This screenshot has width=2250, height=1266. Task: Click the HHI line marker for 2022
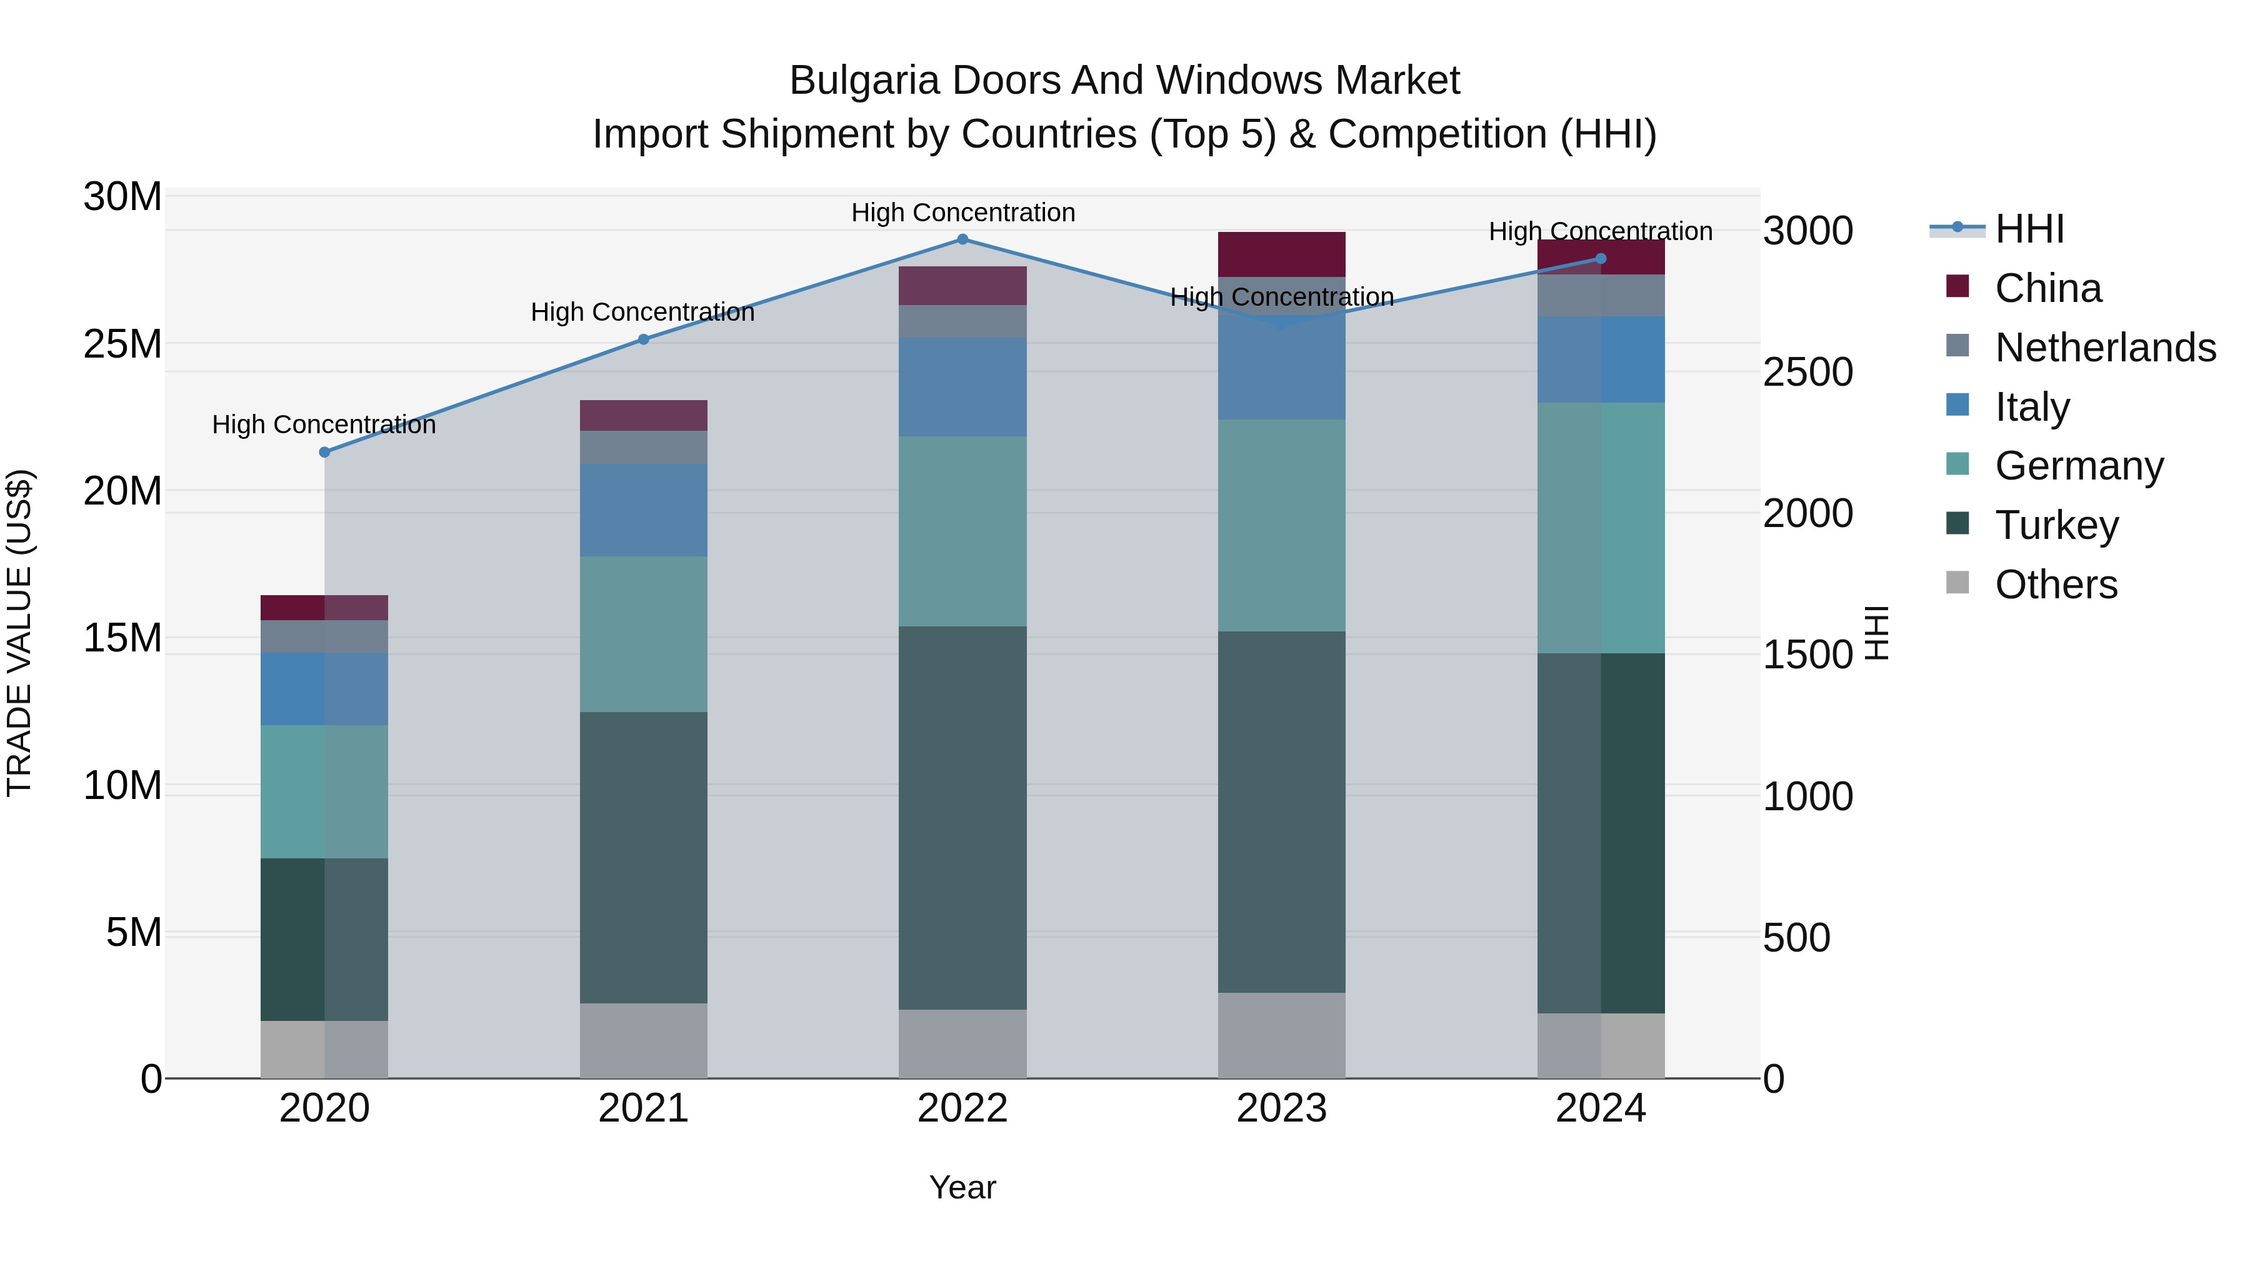pos(962,239)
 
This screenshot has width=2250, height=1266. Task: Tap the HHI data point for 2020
pos(324,453)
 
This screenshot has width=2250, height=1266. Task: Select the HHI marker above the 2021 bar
pos(644,340)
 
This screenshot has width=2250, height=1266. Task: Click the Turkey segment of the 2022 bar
pos(962,818)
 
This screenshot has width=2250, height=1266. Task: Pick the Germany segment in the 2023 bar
pos(1281,525)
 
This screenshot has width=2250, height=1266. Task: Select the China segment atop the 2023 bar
pos(1281,254)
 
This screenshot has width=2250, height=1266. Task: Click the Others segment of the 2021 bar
pos(644,1040)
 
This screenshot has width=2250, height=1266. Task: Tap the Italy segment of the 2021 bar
pos(644,510)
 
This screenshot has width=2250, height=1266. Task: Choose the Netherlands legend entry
pos(2105,348)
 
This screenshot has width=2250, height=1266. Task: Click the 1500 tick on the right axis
pos(1807,655)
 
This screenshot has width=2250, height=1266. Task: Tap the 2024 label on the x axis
pos(1600,1108)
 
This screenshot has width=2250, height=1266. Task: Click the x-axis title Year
pos(962,1187)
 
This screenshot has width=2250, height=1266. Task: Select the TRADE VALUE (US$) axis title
pos(19,633)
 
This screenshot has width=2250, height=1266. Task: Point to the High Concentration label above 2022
pos(962,213)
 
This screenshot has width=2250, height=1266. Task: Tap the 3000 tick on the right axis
pos(1807,231)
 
